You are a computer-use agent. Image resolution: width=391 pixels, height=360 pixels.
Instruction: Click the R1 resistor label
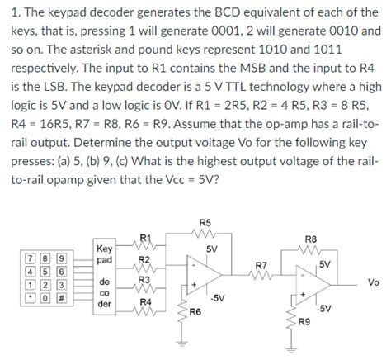tap(145, 239)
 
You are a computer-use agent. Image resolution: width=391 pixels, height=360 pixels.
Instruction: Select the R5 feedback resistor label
tap(205, 221)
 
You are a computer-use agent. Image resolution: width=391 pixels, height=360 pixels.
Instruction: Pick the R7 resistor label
tap(263, 265)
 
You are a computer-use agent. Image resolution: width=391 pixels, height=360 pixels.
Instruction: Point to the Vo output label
tap(374, 282)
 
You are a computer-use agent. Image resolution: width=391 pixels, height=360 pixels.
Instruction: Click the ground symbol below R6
tap(180, 342)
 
